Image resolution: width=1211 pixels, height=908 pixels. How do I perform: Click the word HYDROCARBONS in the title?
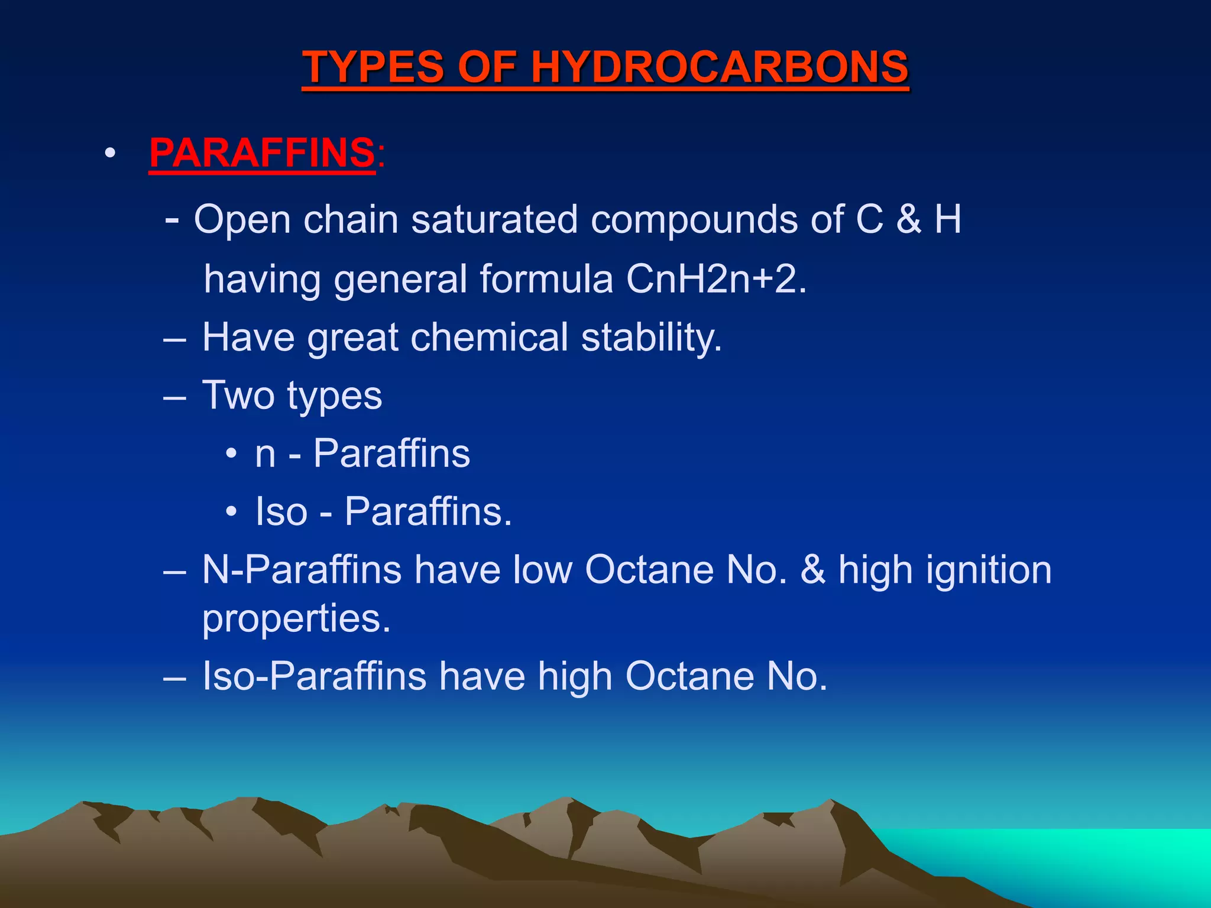[719, 66]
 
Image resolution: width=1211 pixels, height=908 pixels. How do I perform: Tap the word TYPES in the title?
[373, 66]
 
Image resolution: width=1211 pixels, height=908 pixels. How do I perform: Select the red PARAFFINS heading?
[262, 153]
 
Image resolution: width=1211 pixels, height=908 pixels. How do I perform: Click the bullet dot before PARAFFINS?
[109, 154]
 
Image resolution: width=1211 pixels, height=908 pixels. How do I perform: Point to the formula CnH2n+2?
[715, 279]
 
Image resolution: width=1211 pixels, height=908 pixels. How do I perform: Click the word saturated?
[494, 219]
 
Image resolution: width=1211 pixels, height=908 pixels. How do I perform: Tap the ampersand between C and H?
[909, 219]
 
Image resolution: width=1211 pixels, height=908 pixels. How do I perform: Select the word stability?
[651, 338]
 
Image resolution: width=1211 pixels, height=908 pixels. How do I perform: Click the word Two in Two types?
[238, 395]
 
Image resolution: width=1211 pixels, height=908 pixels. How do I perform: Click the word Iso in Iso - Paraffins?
[281, 511]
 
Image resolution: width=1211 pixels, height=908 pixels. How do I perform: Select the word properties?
[296, 619]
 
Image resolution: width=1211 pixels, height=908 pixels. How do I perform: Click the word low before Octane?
[542, 570]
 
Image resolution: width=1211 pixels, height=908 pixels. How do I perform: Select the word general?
[400, 279]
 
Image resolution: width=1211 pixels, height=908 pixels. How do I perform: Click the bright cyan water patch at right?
[1064, 857]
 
